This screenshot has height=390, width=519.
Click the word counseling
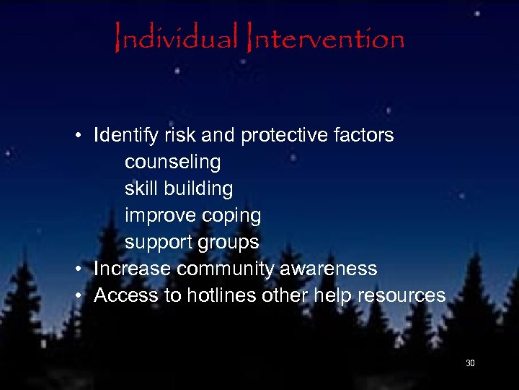(172, 162)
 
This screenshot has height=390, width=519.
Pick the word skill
(141, 188)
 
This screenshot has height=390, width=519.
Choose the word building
(198, 188)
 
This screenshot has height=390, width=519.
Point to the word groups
(231, 242)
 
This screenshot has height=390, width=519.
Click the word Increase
(133, 269)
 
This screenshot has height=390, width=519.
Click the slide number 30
(470, 363)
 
